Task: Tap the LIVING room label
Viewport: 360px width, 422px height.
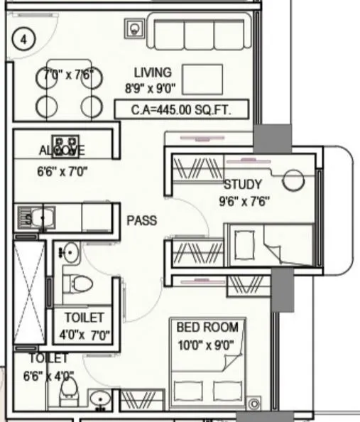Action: (152, 72)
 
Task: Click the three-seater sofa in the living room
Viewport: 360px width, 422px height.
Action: (200, 33)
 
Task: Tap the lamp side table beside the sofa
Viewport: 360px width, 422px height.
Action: (135, 29)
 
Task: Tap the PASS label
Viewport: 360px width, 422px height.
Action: (141, 220)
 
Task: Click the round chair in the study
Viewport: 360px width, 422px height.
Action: (292, 180)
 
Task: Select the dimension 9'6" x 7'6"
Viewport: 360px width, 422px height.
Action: (244, 201)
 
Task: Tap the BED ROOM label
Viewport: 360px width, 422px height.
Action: (207, 328)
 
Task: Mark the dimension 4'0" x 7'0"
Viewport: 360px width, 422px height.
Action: (84, 335)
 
